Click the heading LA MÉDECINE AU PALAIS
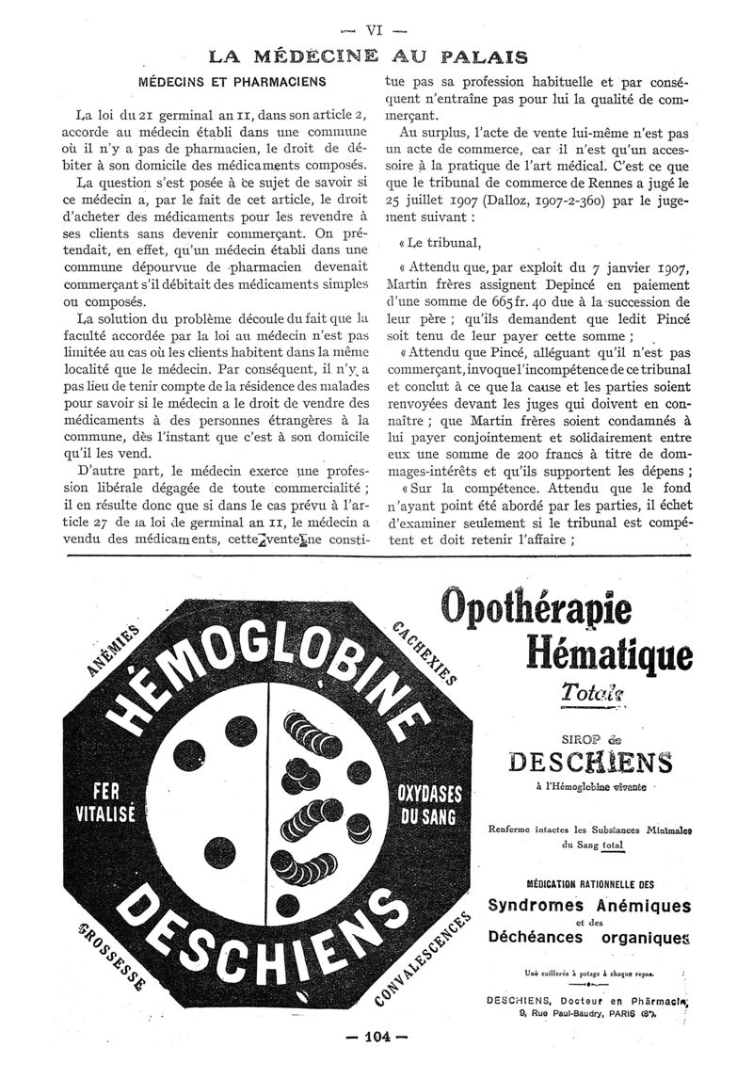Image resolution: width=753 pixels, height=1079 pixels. (x=367, y=56)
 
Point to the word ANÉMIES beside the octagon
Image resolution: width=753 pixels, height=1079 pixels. (x=111, y=650)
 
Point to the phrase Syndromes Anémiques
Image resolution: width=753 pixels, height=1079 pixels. (x=589, y=906)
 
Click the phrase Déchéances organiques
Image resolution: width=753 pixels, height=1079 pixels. (x=589, y=937)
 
